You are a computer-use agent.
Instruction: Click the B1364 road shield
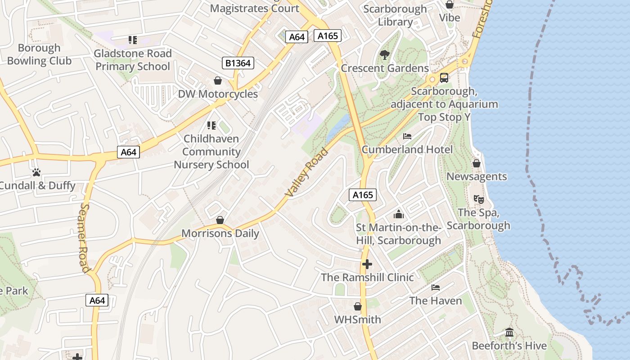(x=238, y=63)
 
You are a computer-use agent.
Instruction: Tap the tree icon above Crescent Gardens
(x=384, y=55)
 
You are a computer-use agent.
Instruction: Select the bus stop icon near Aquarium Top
(x=444, y=78)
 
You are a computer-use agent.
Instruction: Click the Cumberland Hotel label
(x=407, y=149)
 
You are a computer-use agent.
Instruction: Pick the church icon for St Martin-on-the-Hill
(x=399, y=214)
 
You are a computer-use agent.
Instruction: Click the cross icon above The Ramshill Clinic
(x=367, y=264)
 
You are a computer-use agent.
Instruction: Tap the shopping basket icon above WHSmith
(x=358, y=306)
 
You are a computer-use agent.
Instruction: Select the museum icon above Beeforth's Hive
(x=509, y=333)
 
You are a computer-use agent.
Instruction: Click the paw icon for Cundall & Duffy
(x=36, y=172)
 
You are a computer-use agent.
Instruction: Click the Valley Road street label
(x=307, y=173)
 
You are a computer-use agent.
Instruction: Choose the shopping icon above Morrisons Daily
(x=220, y=220)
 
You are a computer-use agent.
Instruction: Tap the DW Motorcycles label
(x=218, y=94)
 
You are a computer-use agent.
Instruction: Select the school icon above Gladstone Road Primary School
(x=133, y=40)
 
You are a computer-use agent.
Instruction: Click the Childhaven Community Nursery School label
(x=211, y=152)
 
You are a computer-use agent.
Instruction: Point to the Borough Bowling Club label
(x=39, y=54)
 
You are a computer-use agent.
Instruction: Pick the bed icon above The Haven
(x=435, y=287)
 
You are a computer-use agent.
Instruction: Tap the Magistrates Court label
(x=254, y=8)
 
